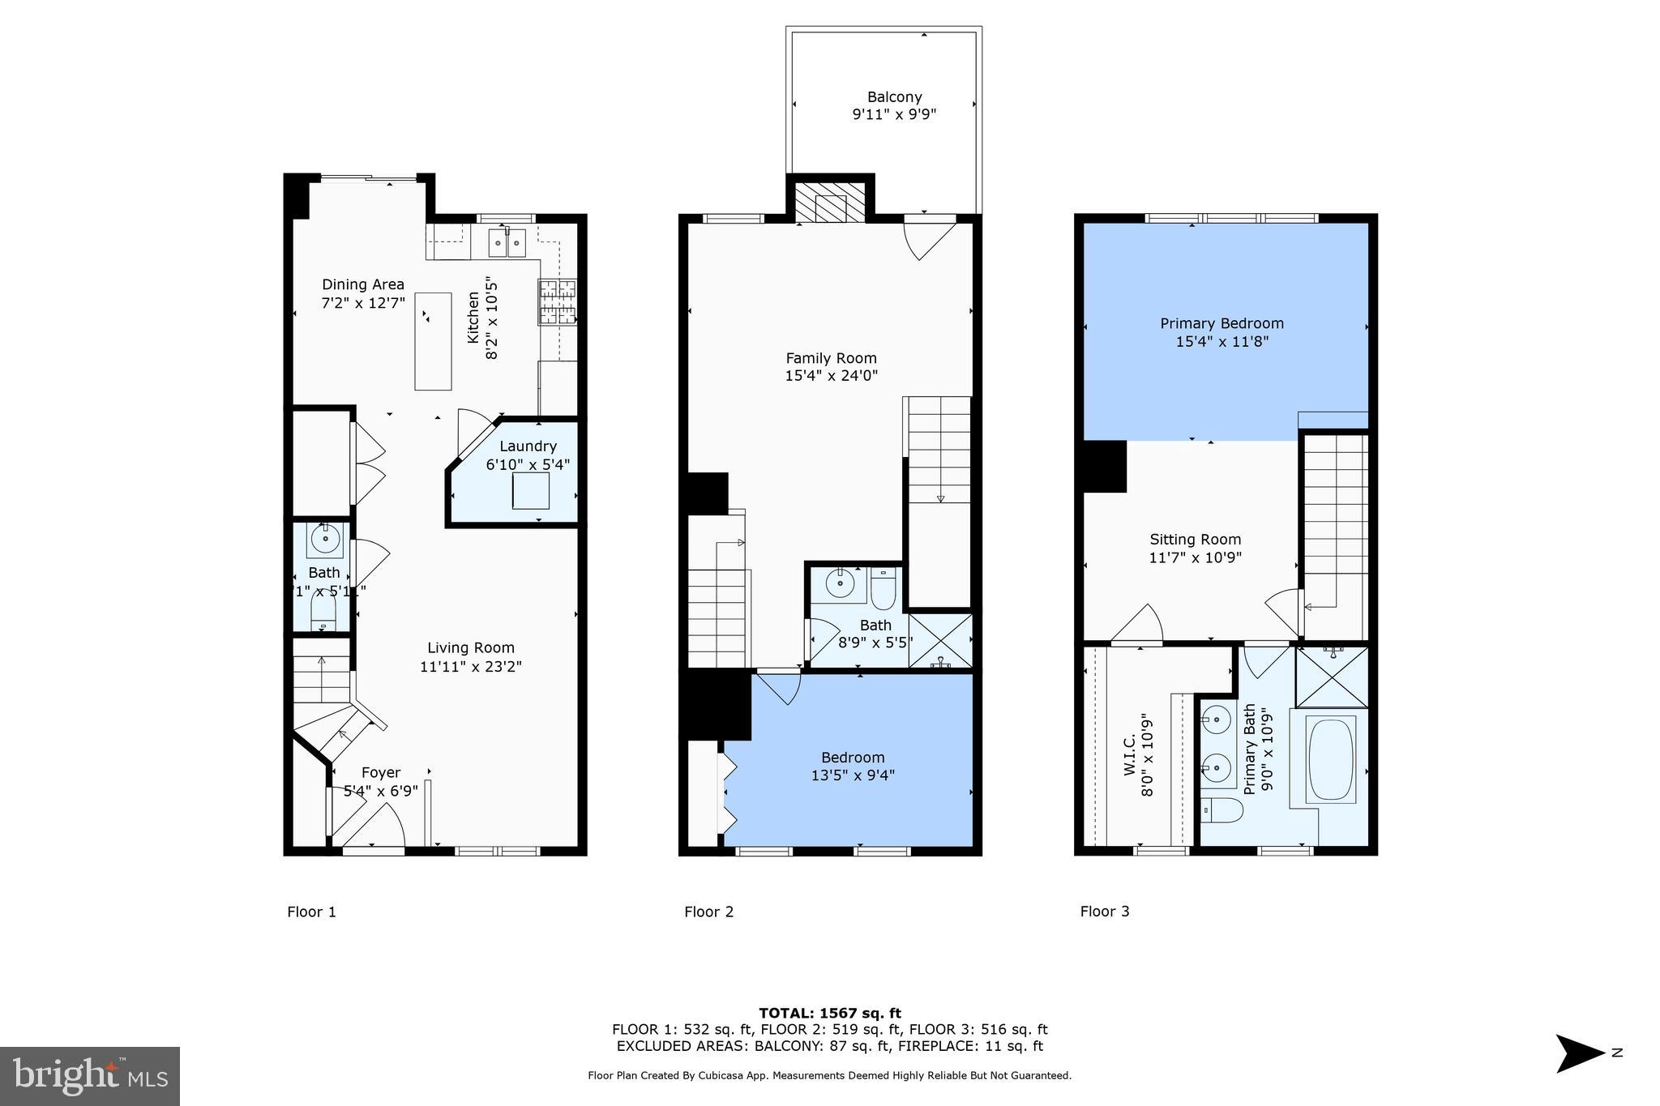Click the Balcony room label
coord(894,97)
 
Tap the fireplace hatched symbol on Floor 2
coord(830,203)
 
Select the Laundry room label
coord(528,446)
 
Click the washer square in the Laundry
coord(530,490)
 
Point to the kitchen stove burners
coord(557,301)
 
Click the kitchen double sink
coord(507,242)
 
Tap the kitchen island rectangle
coord(433,341)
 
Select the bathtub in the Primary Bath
coord(1330,759)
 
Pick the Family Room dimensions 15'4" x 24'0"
coord(831,376)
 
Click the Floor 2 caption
coord(708,912)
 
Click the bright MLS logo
coord(90,1076)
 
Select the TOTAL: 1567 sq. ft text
coord(829,1013)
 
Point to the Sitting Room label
coord(1195,540)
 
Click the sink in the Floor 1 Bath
coord(325,540)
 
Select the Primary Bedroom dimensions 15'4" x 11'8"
coord(1221,342)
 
